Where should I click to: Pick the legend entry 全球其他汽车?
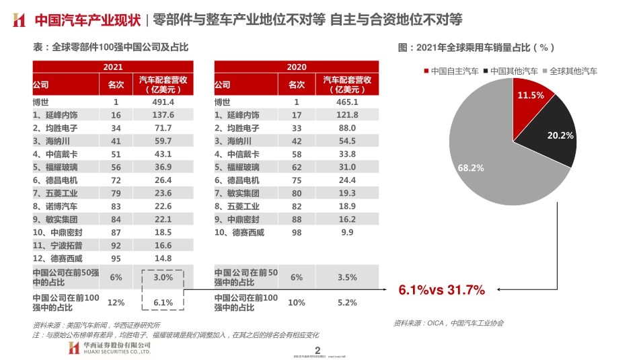[x=572, y=71]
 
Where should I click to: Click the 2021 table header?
[x=113, y=67]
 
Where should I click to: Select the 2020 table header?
[x=296, y=67]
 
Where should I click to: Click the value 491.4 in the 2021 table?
[x=163, y=102]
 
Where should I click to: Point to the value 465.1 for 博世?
[x=346, y=102]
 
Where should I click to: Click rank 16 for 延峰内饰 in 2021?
[x=116, y=115]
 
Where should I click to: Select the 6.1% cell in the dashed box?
[x=163, y=303]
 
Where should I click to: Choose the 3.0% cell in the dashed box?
[x=163, y=277]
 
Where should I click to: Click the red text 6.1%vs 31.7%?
[x=441, y=290]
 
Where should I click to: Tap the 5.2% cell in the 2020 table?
[x=346, y=303]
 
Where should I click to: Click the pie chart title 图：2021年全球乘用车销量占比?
[x=476, y=48]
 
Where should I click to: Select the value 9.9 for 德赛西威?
[x=346, y=232]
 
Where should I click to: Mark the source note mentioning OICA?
[x=448, y=323]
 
